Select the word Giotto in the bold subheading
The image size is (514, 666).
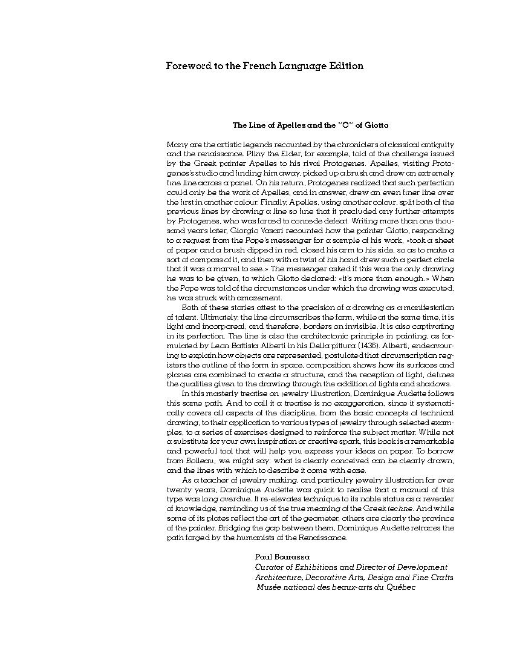pyautogui.click(x=376, y=125)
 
